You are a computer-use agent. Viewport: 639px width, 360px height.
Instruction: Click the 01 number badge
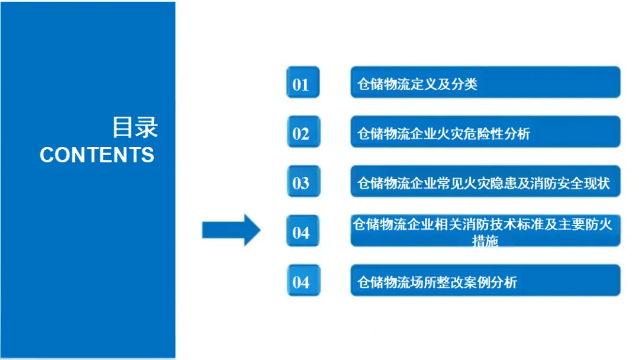coord(302,83)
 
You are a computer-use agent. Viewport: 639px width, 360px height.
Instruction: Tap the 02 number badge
coord(302,133)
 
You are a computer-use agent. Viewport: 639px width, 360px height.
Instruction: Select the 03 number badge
coord(302,182)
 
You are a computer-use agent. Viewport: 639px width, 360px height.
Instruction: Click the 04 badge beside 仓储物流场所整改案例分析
coord(302,281)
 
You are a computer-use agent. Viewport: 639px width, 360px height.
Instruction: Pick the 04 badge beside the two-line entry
coord(302,232)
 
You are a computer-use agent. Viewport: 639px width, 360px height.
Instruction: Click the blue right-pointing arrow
coord(231,230)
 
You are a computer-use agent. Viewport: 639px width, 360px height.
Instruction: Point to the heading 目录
coord(135,127)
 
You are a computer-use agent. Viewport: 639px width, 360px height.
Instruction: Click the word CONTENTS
coord(97,155)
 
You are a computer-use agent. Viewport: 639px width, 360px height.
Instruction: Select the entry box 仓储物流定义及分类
coord(485,83)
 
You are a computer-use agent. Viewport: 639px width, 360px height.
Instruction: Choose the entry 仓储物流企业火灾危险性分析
coord(485,133)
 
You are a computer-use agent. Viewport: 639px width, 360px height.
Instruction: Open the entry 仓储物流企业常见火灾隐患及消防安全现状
coord(485,182)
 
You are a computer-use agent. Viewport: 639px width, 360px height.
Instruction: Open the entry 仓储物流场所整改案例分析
coord(485,281)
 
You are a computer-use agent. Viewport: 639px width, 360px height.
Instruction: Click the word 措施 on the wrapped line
coord(485,241)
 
